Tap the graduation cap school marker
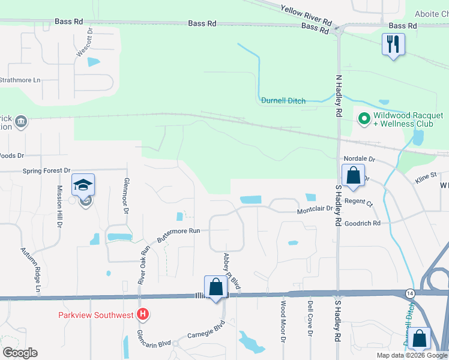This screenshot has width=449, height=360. [83, 185]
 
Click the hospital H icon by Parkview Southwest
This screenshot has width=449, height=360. [143, 314]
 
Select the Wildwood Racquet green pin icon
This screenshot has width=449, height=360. [363, 119]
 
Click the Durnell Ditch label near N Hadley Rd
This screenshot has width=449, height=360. [283, 100]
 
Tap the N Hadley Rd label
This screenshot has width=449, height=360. [339, 95]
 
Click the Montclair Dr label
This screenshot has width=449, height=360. [315, 211]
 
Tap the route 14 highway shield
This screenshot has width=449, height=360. [409, 293]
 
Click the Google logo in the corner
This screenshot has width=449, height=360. [20, 353]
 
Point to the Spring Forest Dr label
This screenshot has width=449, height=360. [47, 170]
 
